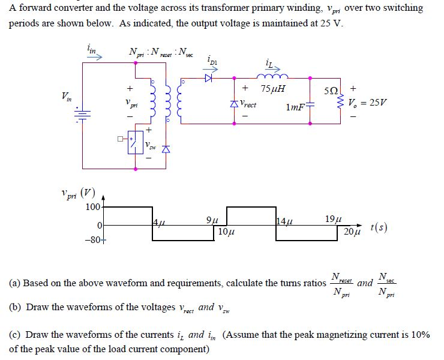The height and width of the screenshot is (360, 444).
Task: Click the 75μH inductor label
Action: click(x=274, y=89)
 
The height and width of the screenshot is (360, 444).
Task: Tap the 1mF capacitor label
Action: click(x=296, y=107)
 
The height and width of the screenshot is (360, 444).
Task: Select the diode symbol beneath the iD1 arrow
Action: click(x=209, y=77)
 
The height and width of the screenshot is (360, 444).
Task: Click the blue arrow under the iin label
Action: click(x=96, y=58)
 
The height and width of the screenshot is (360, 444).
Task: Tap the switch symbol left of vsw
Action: click(x=136, y=144)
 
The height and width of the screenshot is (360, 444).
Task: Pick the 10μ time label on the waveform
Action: click(x=226, y=231)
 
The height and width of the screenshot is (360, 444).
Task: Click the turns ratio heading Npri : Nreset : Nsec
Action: click(x=158, y=52)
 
